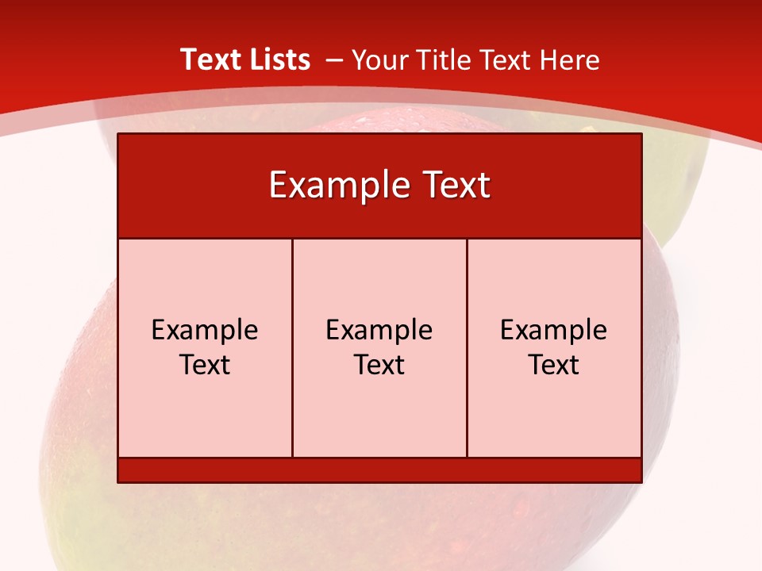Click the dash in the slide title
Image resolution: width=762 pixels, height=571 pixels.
pos(333,61)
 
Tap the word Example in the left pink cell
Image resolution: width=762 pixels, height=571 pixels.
pos(205,331)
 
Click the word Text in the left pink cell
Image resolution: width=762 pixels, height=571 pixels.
pos(205,365)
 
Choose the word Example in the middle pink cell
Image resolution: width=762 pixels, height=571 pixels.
pos(379,331)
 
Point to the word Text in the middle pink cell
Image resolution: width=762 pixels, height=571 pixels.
pos(379,365)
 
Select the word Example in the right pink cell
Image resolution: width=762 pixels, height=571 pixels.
pos(554,331)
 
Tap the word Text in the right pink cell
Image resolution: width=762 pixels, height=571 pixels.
pos(554,365)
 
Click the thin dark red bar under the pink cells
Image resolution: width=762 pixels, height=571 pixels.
pos(379,469)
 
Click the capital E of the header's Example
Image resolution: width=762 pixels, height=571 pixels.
pos(278,186)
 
